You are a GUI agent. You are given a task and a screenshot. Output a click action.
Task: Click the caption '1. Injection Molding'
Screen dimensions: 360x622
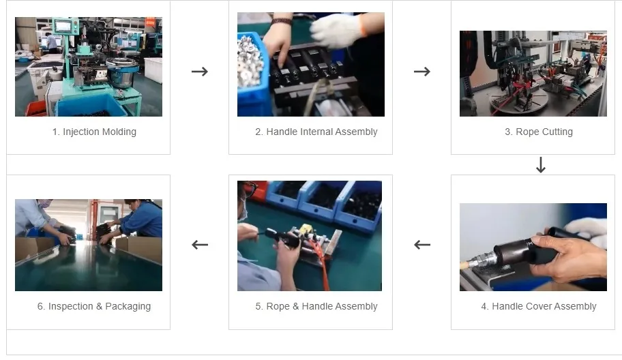94,132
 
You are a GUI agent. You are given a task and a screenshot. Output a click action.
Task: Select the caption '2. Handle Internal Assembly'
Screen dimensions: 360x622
316,132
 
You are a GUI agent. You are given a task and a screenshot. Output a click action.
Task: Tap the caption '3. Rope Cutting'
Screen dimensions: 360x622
538,132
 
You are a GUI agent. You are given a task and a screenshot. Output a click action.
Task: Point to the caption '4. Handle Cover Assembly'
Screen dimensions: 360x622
538,306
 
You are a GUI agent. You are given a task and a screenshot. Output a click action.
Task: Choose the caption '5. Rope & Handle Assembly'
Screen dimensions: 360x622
316,306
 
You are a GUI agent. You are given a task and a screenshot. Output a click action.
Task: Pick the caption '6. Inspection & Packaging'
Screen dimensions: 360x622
93,306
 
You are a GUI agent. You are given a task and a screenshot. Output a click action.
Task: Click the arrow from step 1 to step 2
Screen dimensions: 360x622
199,72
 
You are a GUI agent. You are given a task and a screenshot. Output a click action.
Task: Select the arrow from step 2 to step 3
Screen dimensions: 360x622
422,72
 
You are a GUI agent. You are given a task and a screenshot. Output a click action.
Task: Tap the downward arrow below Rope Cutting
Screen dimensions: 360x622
541,165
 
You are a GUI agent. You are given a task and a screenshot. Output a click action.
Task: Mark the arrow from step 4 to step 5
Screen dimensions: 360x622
422,245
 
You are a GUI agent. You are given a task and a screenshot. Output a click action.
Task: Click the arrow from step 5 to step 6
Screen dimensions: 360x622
199,245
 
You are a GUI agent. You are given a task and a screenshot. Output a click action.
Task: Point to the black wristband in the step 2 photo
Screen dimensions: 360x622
280,21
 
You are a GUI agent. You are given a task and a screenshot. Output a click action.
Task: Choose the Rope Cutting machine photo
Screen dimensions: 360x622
533,74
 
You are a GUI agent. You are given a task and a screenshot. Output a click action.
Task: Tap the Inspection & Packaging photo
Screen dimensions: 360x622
89,245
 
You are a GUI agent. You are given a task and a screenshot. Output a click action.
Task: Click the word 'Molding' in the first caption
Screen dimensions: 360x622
117,132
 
